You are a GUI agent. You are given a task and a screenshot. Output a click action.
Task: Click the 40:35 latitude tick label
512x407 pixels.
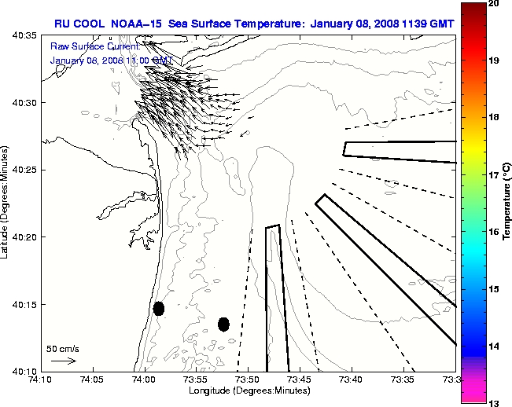(x=25, y=36)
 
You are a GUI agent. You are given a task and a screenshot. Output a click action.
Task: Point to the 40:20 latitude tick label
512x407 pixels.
(x=25, y=237)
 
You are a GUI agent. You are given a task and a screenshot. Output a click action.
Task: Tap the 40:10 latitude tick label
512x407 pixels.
(x=25, y=371)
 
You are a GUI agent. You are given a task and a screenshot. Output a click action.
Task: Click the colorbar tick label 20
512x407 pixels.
(x=495, y=4)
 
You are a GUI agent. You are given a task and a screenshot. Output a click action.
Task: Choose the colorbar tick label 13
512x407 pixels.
(x=495, y=402)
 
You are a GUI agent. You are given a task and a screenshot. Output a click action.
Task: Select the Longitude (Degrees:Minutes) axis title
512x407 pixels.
(x=248, y=390)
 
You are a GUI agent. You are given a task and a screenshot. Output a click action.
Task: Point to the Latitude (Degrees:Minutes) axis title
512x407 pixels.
(x=6, y=203)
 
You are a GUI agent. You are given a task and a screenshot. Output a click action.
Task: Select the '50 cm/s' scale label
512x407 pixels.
(x=62, y=348)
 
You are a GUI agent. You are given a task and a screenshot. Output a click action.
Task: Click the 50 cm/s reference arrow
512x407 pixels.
(x=63, y=361)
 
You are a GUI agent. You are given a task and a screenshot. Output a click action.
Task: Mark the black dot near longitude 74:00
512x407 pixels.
(x=159, y=308)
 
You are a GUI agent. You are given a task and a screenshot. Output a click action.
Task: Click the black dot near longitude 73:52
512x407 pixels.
(x=223, y=324)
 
